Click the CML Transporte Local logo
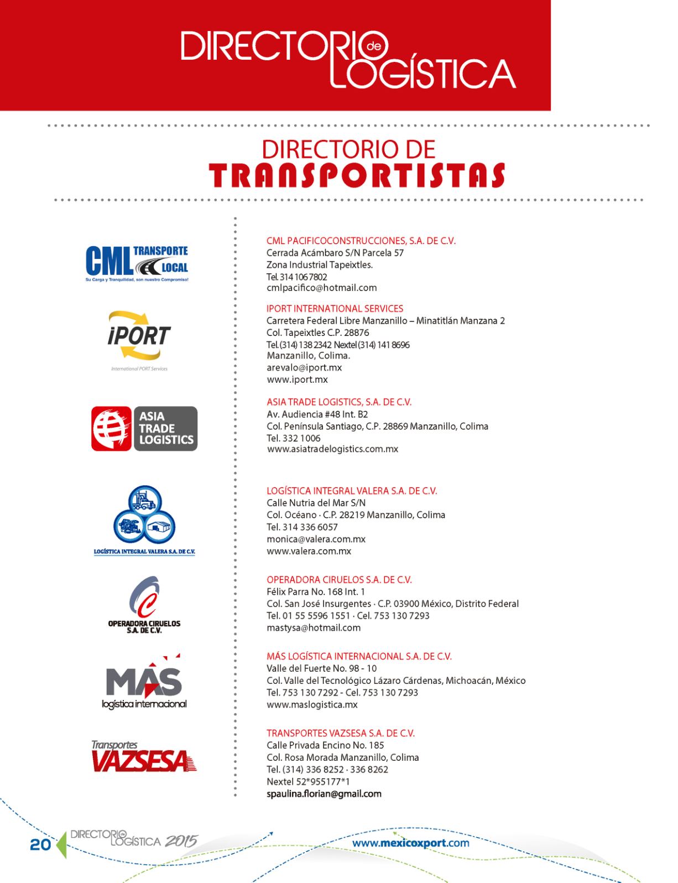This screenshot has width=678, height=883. click(x=137, y=263)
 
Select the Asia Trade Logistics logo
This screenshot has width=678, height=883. click(x=144, y=429)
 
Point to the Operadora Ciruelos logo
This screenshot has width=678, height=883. click(x=144, y=604)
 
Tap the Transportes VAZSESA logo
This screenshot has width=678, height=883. click(x=144, y=756)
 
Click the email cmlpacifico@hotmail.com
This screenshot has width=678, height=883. click(x=321, y=288)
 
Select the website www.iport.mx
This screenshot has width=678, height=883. click(x=297, y=380)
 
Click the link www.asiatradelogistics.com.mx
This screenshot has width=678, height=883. click(x=332, y=449)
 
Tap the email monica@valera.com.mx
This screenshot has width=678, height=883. click(x=316, y=539)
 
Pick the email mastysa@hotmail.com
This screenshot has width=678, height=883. click(x=314, y=628)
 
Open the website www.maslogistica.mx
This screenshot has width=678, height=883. click(x=312, y=705)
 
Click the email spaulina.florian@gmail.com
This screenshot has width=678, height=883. click(x=324, y=794)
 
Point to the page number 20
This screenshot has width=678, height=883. click(x=40, y=845)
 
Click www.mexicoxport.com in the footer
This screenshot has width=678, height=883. click(x=410, y=843)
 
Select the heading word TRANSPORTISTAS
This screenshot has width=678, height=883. click(x=357, y=175)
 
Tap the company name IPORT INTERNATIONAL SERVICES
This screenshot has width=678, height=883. click(x=335, y=309)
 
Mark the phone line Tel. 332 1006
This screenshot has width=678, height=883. click(x=293, y=438)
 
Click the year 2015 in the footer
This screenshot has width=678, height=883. click(x=181, y=842)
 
